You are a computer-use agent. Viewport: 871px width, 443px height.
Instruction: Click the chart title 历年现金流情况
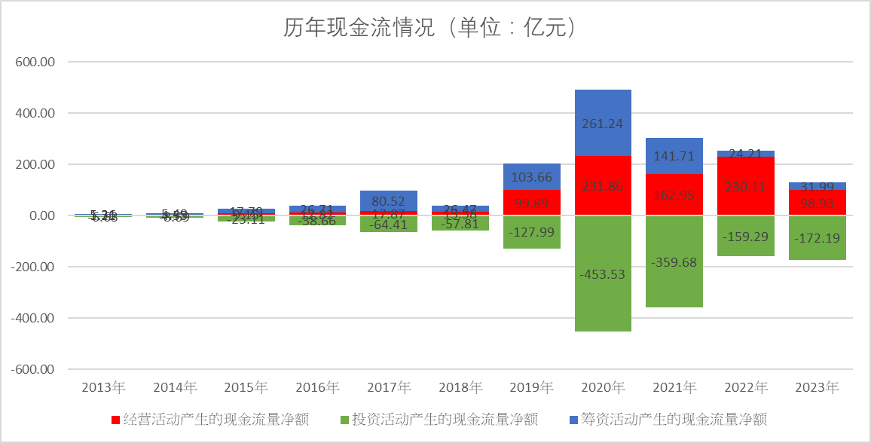click(x=430, y=29)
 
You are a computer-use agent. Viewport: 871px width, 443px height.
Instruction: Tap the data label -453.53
click(x=603, y=273)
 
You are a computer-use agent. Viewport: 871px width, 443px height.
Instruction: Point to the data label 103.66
click(x=531, y=178)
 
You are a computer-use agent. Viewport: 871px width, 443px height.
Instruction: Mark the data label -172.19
click(x=818, y=238)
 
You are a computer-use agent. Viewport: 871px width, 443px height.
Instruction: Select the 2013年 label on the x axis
click(x=103, y=388)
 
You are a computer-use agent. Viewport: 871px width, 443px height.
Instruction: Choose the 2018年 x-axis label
click(x=460, y=388)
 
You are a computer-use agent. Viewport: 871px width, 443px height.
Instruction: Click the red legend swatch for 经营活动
click(x=115, y=420)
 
